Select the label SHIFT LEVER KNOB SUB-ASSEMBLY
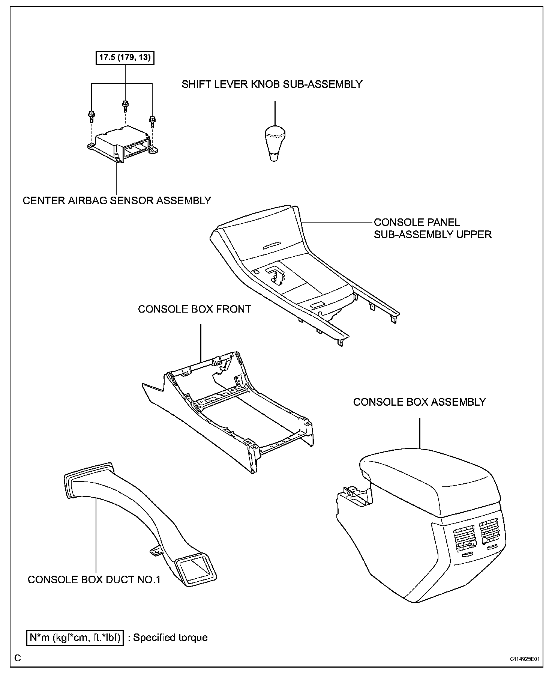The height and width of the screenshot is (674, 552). click(x=272, y=84)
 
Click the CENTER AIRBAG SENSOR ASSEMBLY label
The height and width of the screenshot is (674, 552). click(x=117, y=201)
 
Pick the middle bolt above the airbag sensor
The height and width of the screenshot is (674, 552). click(x=125, y=105)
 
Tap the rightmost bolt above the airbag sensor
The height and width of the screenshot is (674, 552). click(x=152, y=121)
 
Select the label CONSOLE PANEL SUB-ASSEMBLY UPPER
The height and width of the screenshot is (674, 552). click(x=432, y=229)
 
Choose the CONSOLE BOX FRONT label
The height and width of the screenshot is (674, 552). click(x=194, y=309)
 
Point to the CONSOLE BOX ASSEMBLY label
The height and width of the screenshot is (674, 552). click(x=419, y=402)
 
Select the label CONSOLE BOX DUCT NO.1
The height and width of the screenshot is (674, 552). click(x=94, y=580)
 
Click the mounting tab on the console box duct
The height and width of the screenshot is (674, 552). click(x=155, y=551)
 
